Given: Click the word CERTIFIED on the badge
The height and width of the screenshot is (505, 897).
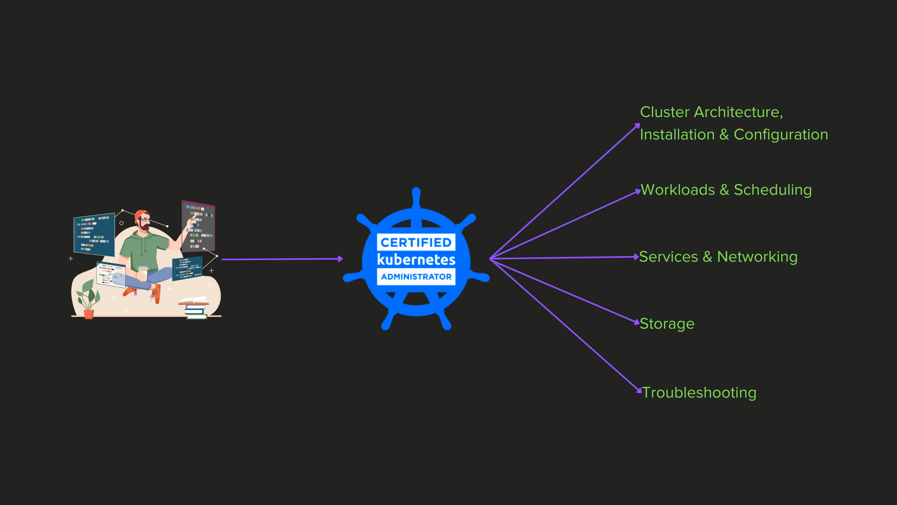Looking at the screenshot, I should (x=416, y=242).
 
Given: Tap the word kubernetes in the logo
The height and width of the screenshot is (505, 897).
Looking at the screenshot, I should (x=416, y=260).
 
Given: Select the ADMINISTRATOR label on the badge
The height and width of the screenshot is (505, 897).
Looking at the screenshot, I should (x=416, y=277).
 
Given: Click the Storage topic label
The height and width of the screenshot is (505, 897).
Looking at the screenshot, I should (x=667, y=324).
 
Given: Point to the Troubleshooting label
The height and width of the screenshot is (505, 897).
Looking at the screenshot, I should (x=699, y=393).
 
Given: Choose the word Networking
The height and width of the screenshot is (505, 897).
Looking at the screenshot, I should (x=757, y=257).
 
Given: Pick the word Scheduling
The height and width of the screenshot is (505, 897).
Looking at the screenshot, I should (x=772, y=190).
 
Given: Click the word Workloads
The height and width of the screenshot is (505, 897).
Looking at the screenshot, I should (x=678, y=190).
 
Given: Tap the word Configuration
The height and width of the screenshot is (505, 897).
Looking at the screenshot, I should (x=780, y=135).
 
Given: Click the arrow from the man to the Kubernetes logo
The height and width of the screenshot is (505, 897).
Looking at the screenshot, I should (x=282, y=259).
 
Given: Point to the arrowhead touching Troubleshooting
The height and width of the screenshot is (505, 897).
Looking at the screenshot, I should (x=639, y=390).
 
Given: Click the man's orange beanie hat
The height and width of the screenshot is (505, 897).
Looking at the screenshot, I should (x=140, y=214).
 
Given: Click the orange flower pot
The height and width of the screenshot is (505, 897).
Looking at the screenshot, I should (x=88, y=314).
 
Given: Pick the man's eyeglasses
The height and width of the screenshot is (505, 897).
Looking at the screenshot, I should (x=145, y=220).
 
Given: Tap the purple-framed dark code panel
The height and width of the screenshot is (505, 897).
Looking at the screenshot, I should (x=198, y=226).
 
